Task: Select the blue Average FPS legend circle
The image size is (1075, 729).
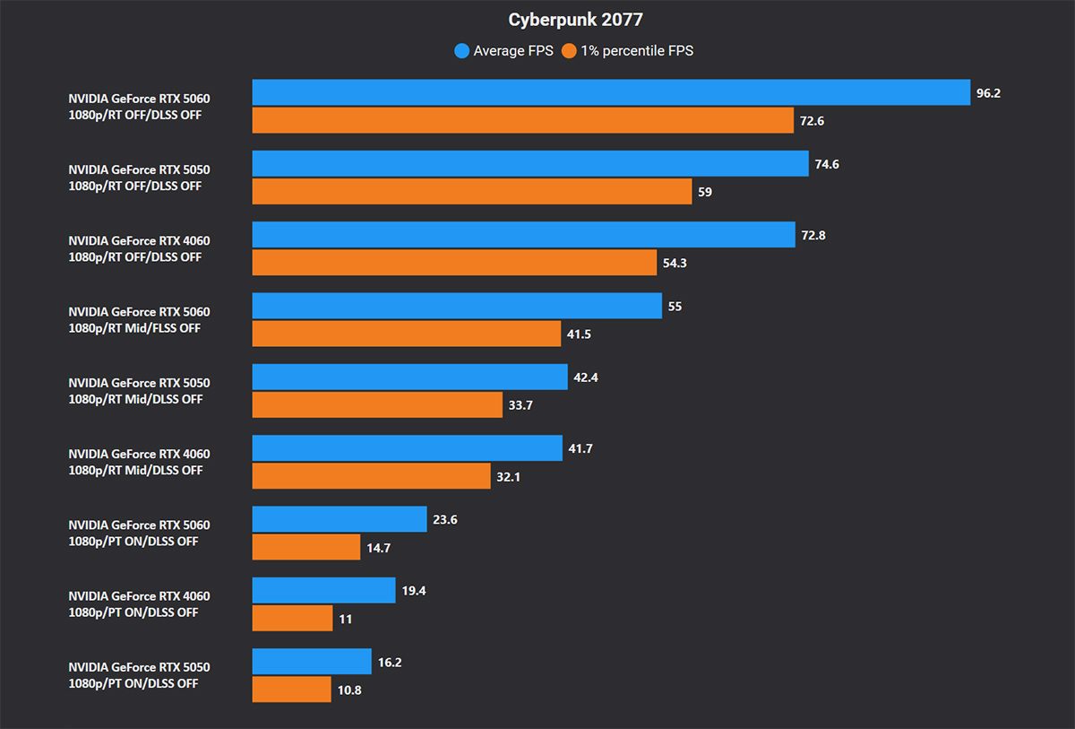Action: [x=462, y=51]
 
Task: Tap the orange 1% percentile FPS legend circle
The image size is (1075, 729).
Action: [x=569, y=51]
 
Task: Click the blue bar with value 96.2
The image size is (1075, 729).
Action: [x=611, y=92]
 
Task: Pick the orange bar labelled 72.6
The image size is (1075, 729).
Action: [x=523, y=120]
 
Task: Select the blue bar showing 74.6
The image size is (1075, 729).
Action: [x=530, y=163]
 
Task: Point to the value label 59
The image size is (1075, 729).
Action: [x=705, y=192]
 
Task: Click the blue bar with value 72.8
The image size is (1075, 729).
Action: [x=524, y=235]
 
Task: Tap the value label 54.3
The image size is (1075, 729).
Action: [x=675, y=263]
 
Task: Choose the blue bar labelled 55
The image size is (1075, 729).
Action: [x=457, y=306]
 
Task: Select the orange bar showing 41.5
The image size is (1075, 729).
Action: [x=407, y=334]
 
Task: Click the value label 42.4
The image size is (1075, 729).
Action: [x=586, y=378]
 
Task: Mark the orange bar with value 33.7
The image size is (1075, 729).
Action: [x=377, y=404]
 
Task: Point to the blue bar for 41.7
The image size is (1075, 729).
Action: [x=410, y=448]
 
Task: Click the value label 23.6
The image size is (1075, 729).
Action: [x=445, y=519]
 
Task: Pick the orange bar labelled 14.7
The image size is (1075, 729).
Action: [x=306, y=547]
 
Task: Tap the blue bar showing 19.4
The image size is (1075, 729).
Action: [x=323, y=590]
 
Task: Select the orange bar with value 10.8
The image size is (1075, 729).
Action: [x=292, y=690]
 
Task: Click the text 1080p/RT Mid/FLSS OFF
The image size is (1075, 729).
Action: [x=134, y=328]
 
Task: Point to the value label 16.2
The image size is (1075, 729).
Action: [x=391, y=662]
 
